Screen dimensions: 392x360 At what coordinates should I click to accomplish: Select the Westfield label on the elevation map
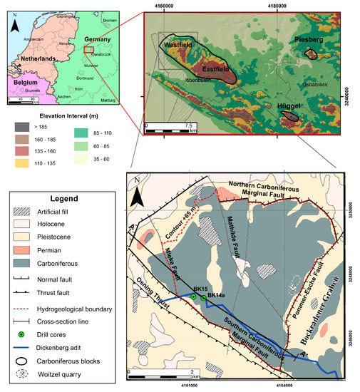179,45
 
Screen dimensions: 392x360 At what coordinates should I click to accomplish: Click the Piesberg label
309,41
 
